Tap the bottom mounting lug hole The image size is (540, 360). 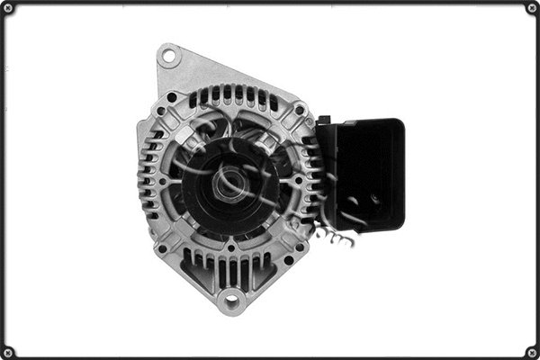click(231, 300)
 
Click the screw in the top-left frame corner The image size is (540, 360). click(8, 8)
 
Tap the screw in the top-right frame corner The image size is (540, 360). click(531, 8)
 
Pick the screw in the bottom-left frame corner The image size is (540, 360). click(8, 351)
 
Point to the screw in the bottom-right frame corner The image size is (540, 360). click(531, 351)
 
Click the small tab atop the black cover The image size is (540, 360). click(322, 120)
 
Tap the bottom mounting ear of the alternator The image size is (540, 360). click(231, 297)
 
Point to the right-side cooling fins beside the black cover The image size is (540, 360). click(310, 180)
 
